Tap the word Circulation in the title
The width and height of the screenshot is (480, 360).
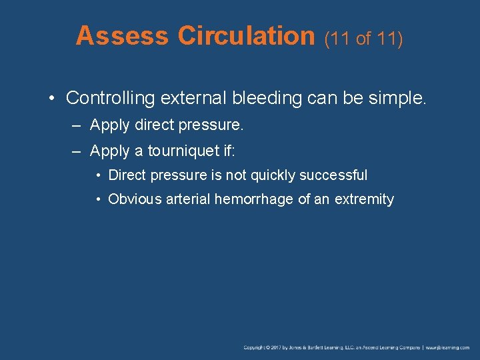click(246, 36)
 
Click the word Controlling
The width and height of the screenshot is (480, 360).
click(110, 98)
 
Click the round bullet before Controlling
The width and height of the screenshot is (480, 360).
click(53, 99)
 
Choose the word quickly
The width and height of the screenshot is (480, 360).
click(273, 175)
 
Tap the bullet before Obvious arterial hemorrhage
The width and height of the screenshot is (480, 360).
click(97, 199)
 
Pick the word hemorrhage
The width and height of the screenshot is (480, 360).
click(254, 199)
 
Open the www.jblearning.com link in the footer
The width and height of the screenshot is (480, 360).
click(448, 347)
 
